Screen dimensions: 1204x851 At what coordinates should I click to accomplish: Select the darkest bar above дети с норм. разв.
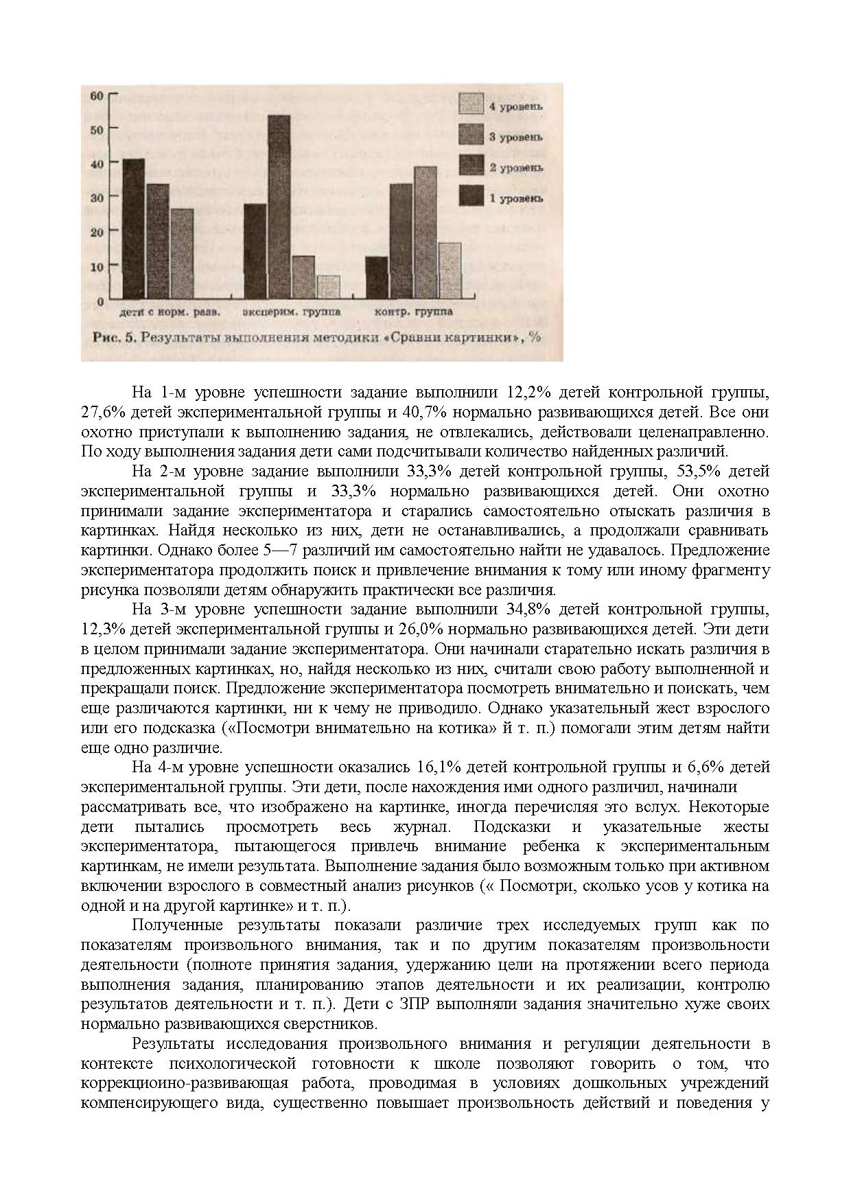(x=134, y=229)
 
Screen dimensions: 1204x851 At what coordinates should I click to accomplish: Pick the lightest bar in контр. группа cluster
(x=449, y=270)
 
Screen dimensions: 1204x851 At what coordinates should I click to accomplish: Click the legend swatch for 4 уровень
(x=471, y=104)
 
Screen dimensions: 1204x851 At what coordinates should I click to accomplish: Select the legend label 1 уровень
(x=515, y=198)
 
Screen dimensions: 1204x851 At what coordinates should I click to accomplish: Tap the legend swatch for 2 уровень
(x=471, y=166)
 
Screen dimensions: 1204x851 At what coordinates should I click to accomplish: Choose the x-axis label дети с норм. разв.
(x=170, y=312)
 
